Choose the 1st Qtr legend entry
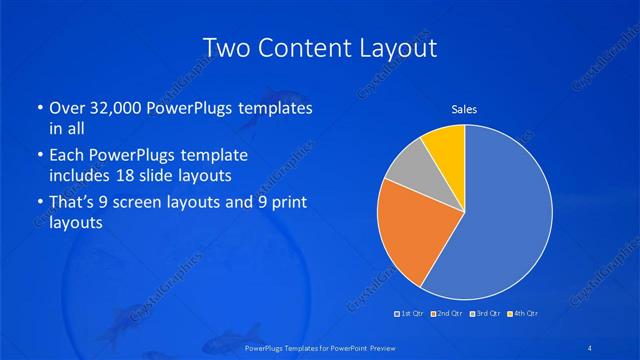pos(408,314)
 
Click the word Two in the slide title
pos(226,47)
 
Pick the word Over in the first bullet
pos(66,108)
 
